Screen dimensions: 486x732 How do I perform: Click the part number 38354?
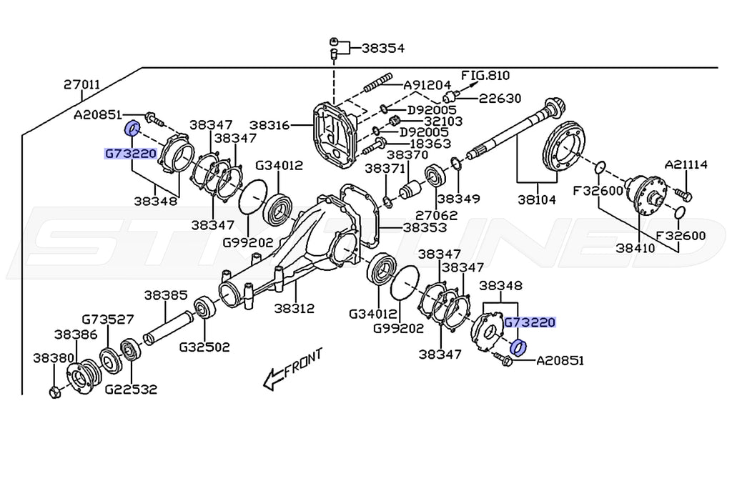(382, 49)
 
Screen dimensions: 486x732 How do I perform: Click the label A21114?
(686, 165)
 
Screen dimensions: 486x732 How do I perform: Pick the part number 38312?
(295, 309)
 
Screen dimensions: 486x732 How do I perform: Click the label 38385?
(165, 294)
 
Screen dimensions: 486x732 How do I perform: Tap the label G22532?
(130, 390)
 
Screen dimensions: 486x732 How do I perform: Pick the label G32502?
(204, 347)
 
